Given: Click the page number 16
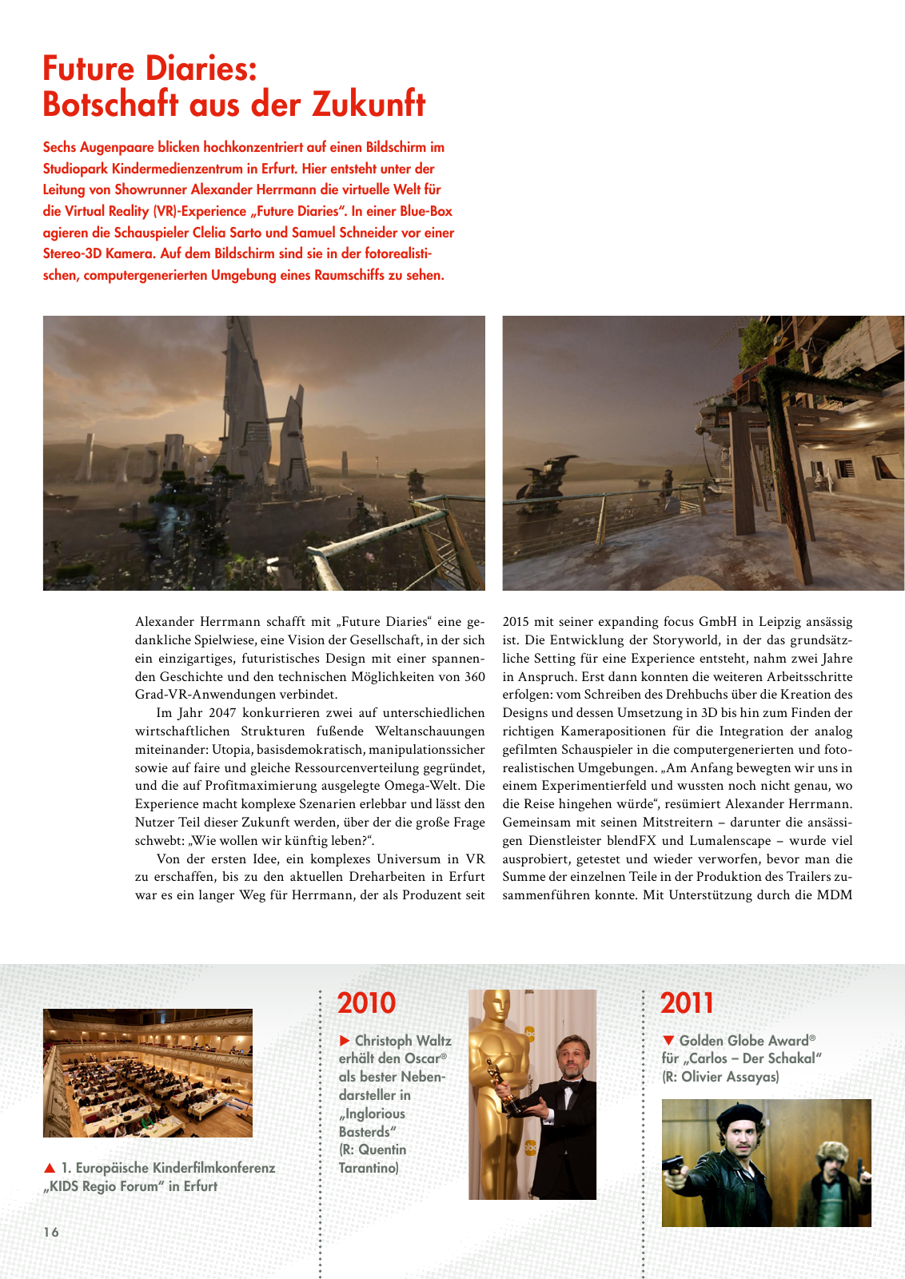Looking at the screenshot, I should (51, 1232).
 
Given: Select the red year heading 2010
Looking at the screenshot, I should (366, 1003).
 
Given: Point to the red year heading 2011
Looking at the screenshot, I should (687, 1003).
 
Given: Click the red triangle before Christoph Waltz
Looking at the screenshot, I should (345, 1041).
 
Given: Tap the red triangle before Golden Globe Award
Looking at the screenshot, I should (669, 1041).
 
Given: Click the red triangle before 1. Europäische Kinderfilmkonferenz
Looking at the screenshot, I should (50, 1168).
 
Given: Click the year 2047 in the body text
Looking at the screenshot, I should (221, 713).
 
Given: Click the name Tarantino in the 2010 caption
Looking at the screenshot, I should (368, 1168).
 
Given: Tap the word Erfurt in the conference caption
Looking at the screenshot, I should (200, 1186).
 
